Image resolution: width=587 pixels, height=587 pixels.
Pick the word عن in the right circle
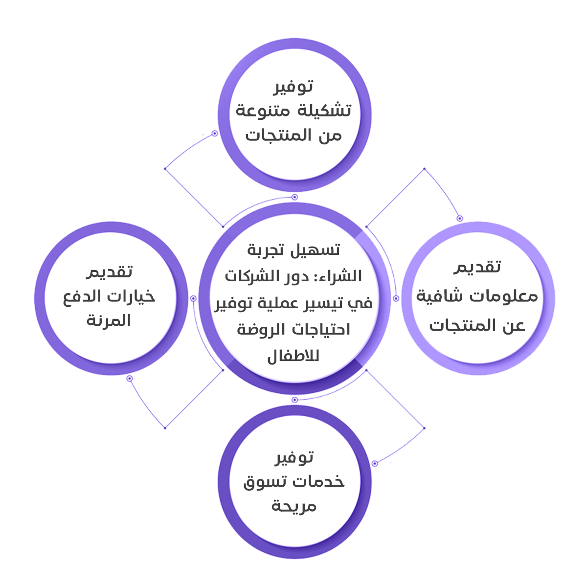click(513, 326)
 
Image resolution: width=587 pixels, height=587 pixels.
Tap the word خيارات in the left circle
click(132, 297)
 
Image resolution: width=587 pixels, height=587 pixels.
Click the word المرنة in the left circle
click(109, 321)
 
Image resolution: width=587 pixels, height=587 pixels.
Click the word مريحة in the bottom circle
click(294, 506)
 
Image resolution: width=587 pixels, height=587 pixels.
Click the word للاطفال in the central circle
click(293, 356)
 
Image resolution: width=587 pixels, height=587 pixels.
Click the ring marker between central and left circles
click(193, 298)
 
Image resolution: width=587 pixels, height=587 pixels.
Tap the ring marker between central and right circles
click(396, 298)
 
